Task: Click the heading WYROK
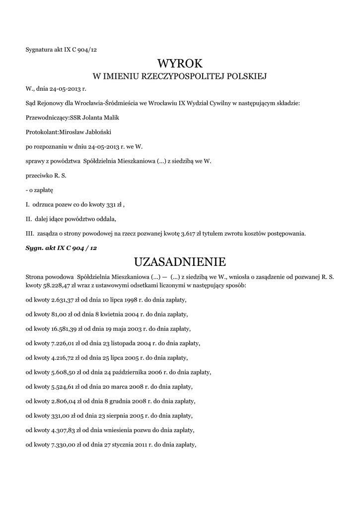180,63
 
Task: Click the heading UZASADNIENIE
180,261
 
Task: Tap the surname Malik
110,118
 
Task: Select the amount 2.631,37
63,300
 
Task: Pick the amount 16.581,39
64,329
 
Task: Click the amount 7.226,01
63,343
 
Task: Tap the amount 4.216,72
63,358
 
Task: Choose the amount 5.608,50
63,372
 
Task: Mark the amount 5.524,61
63,386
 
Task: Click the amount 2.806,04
63,401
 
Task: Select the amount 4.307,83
63,430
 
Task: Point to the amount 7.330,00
63,444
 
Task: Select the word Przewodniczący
45,118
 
